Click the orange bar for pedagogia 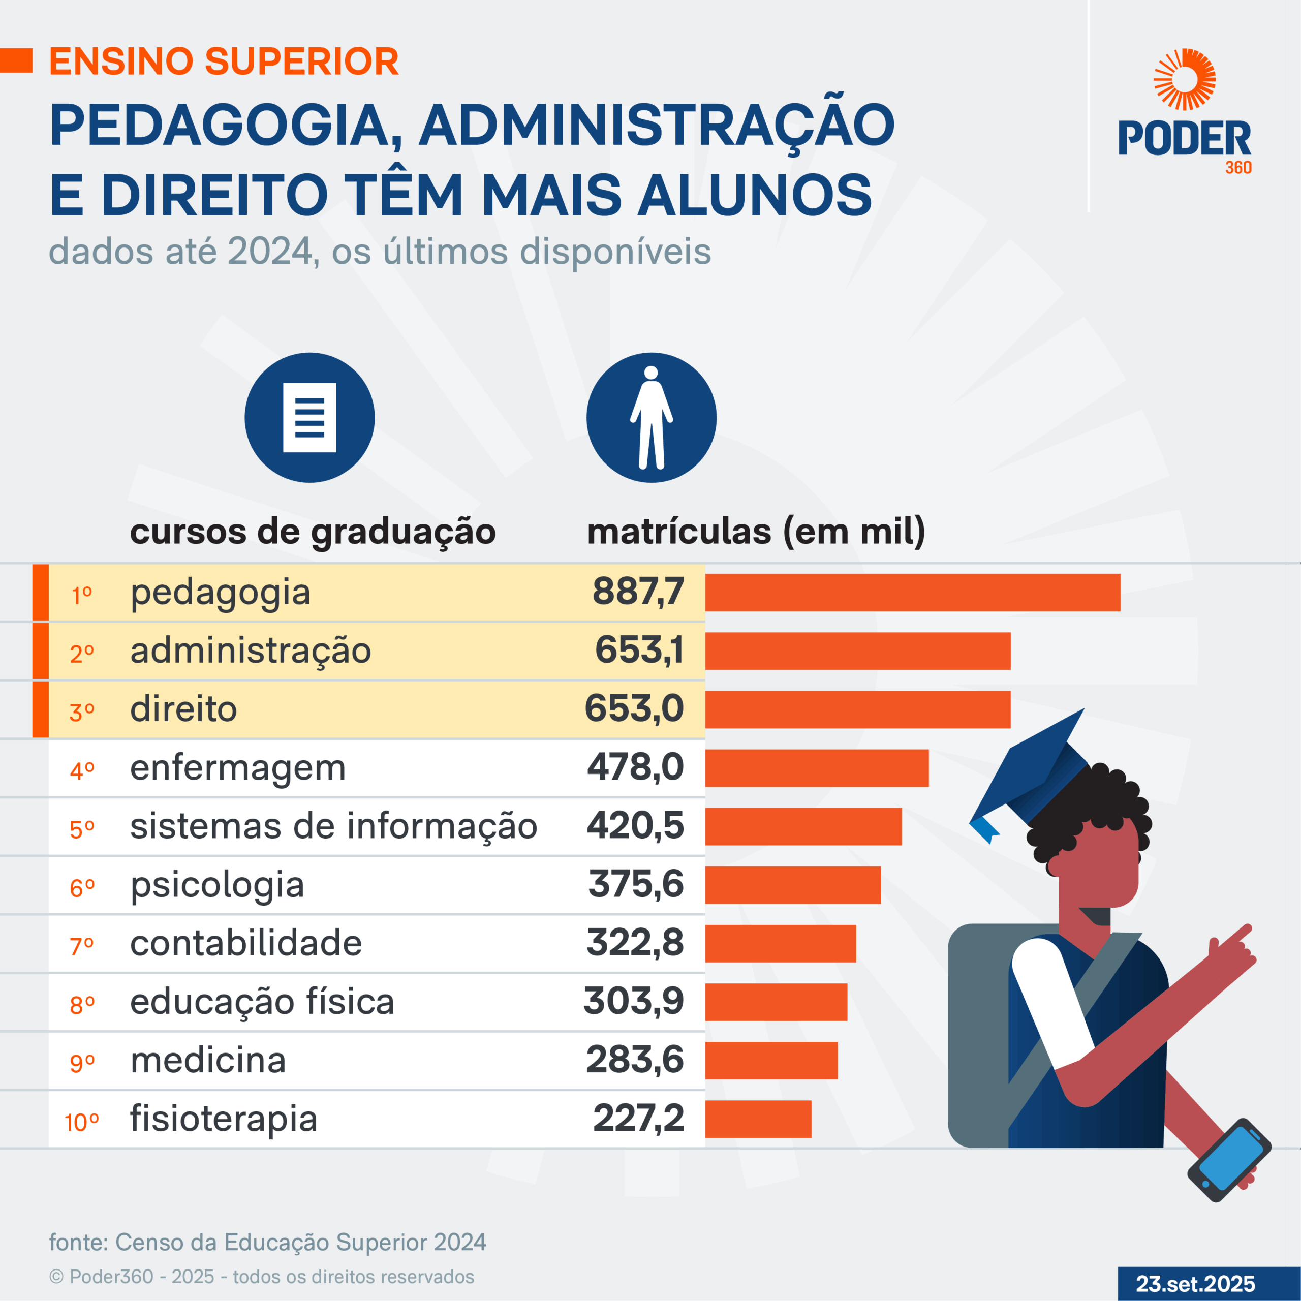coord(912,593)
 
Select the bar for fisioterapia coord(758,1119)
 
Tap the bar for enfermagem coord(816,768)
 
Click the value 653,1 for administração coord(639,650)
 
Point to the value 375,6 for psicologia coord(636,884)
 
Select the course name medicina coord(208,1060)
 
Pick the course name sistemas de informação coord(333,826)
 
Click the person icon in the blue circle coord(651,418)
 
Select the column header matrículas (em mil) coord(756,531)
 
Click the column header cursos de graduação coord(313,531)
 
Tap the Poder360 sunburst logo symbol coord(1185,79)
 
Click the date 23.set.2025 coord(1195,1284)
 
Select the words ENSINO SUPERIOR coord(224,61)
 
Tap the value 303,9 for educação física coord(633,1001)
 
